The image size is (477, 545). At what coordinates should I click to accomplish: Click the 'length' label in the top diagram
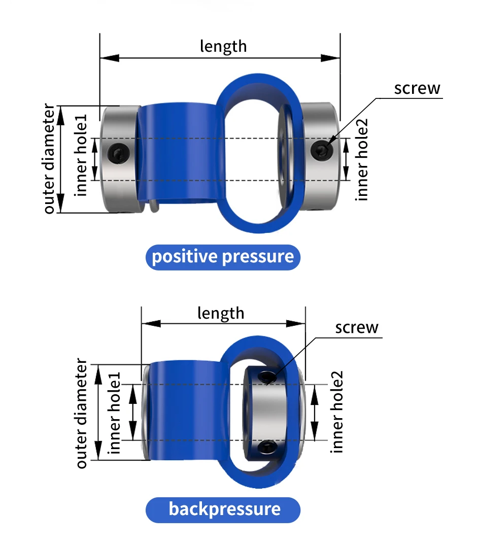pos(223,47)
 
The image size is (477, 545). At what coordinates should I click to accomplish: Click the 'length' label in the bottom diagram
pos(221,314)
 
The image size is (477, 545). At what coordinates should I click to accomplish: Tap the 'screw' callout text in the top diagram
pos(417,88)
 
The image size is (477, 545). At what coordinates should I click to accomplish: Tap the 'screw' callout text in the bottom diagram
pos(357,328)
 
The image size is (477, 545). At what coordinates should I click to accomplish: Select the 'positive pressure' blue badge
pos(223,257)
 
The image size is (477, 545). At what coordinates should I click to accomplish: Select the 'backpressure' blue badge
pos(223,510)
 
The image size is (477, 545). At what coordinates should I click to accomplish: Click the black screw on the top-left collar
pos(119,153)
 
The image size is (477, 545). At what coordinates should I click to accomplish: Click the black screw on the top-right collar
pos(322,151)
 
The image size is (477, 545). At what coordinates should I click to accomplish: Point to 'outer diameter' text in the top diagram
pos(49,158)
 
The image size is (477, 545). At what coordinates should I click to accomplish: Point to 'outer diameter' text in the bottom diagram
pos(81,413)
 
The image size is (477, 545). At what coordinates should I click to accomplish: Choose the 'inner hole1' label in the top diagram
pos(81,155)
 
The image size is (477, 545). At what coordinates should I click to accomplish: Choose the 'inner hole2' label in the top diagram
pos(361,159)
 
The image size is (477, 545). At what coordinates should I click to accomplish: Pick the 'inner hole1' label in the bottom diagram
pos(114,413)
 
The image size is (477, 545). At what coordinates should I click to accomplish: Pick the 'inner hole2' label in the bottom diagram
pos(336,412)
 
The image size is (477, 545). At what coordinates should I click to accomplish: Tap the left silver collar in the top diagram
pos(120,159)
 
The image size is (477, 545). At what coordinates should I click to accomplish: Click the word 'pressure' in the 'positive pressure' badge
pos(258,257)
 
